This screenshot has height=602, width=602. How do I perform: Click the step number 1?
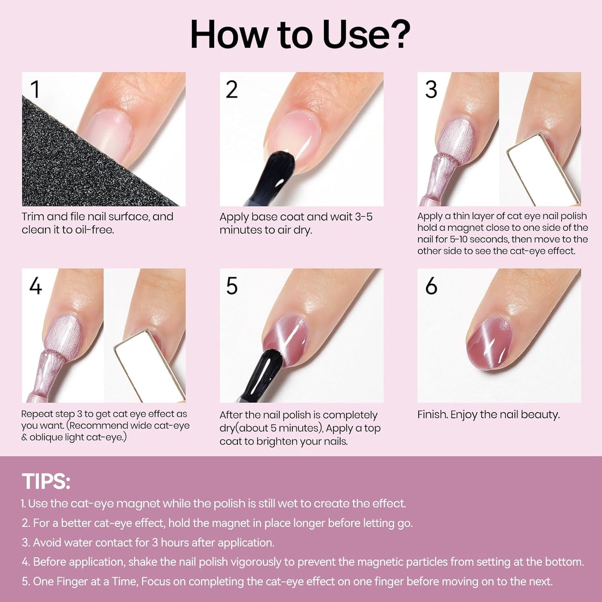35,90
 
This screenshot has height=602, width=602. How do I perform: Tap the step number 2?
232,90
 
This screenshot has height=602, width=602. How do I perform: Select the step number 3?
431,90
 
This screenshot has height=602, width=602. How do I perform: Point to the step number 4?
35,286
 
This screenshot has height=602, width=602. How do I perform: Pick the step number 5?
232,286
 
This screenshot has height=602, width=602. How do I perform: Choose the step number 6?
431,286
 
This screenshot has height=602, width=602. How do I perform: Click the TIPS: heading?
46,482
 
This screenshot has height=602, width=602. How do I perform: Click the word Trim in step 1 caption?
32,217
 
